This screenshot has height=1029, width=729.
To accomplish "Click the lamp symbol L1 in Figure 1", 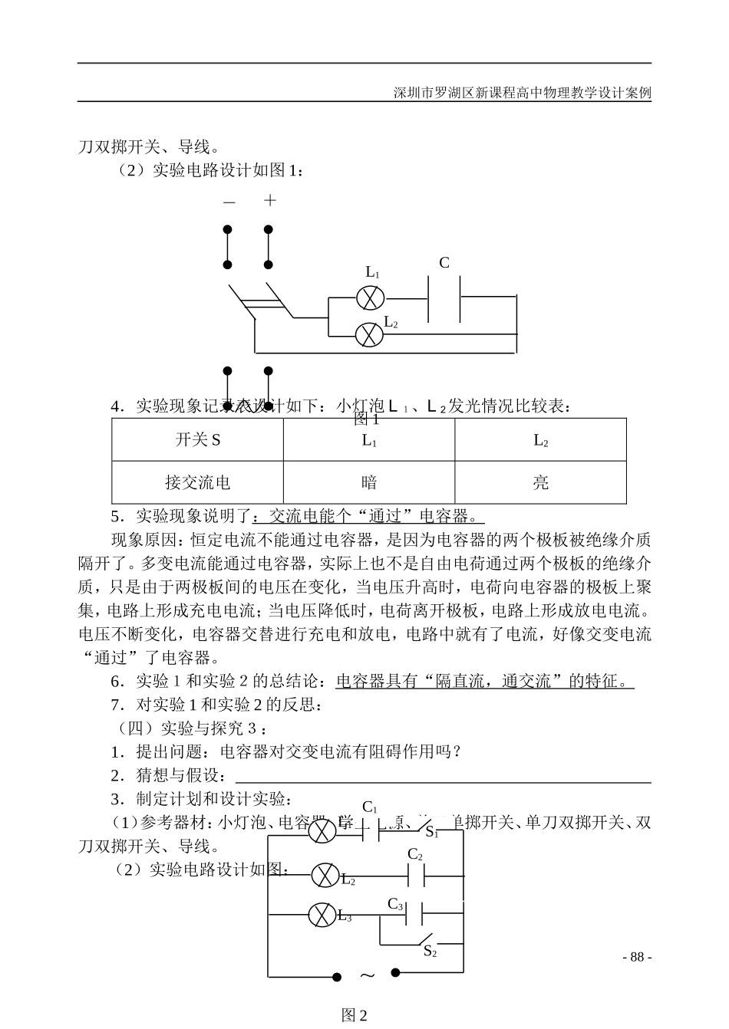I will [x=371, y=297].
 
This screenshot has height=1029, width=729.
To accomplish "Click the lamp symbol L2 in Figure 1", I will [x=371, y=334].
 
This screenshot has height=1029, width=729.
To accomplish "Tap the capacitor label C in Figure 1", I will [x=444, y=263].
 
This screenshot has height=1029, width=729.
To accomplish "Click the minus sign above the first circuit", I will [x=229, y=202].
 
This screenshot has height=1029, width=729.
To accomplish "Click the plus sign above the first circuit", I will [x=269, y=201].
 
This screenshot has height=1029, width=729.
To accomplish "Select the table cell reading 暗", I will [x=369, y=482].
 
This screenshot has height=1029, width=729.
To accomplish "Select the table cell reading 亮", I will [x=540, y=482].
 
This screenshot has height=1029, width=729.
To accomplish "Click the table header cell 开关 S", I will [x=198, y=440].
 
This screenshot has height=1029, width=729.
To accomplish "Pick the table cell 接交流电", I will [x=198, y=482].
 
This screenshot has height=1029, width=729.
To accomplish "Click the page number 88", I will [x=636, y=957].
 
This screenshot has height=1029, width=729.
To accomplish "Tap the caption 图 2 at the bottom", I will [x=355, y=1016].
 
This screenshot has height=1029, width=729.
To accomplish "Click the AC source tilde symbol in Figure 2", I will [x=367, y=975].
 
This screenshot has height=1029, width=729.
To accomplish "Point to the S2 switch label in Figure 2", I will [x=430, y=952].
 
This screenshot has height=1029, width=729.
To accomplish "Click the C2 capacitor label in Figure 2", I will [x=414, y=854].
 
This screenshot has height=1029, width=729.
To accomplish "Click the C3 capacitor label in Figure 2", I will [x=395, y=904].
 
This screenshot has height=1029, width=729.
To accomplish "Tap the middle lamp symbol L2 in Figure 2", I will [x=325, y=874].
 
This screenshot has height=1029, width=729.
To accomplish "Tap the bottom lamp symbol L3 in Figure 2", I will [x=322, y=914].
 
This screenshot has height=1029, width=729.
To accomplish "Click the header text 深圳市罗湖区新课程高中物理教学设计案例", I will [x=522, y=94].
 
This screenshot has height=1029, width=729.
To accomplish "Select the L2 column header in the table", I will [x=540, y=440].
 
